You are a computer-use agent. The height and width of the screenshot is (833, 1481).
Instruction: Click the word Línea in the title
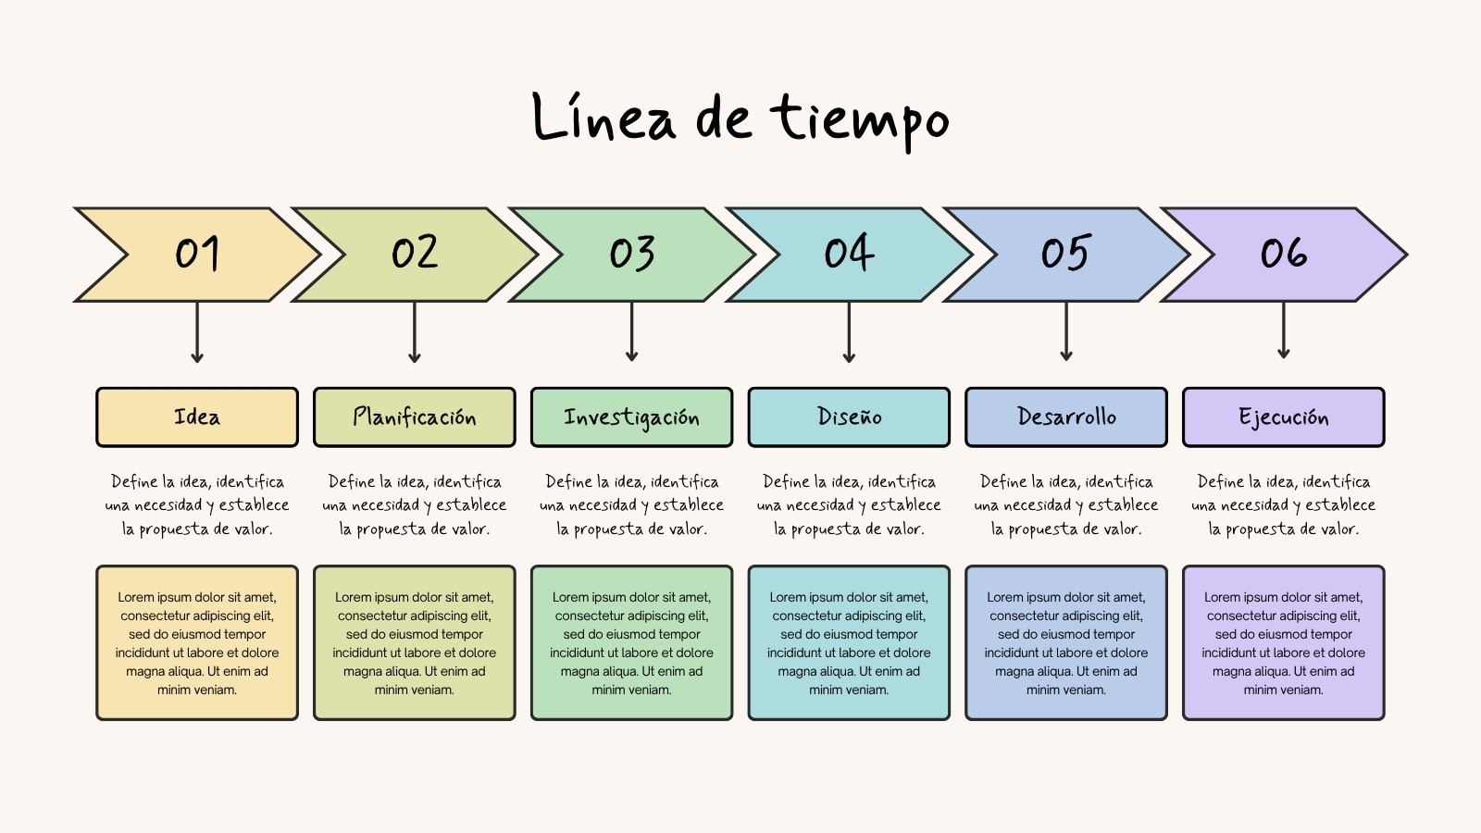[x=604, y=117]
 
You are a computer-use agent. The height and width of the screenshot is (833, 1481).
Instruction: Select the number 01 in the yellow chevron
[x=197, y=253]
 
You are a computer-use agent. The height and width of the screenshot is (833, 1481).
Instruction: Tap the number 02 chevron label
[x=415, y=252]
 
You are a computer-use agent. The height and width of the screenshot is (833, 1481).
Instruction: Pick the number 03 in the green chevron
[x=632, y=253]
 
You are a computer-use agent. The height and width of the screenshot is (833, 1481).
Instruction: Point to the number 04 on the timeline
[x=849, y=252]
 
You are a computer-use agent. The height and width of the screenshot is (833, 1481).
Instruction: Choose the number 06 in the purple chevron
[x=1284, y=253]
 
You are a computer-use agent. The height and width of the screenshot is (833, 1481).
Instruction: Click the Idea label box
[x=197, y=417]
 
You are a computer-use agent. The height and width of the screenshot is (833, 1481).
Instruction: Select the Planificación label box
[x=415, y=417]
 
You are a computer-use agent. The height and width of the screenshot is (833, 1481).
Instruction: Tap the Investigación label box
[x=631, y=417]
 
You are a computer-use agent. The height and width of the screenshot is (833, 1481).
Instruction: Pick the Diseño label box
[x=849, y=417]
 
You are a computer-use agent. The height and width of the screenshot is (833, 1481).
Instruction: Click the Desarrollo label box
[x=1066, y=417]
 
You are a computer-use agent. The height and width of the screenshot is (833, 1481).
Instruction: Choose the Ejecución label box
[x=1283, y=417]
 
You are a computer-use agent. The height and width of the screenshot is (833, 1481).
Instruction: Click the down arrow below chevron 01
[x=197, y=332]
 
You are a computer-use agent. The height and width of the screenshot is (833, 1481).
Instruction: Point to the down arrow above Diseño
[x=849, y=332]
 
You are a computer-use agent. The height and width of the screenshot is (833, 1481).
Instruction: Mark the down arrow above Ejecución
[x=1283, y=330]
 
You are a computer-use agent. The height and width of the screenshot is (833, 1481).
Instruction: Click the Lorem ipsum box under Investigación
[x=631, y=642]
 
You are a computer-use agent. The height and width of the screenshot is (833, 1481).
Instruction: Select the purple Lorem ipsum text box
[x=1283, y=642]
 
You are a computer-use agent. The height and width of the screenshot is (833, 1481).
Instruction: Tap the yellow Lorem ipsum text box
[x=197, y=642]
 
